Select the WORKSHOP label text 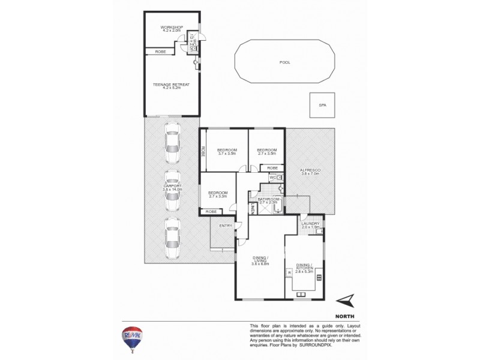[x=171, y=28]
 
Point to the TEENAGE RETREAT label [x=171, y=85]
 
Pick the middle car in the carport [x=172, y=191]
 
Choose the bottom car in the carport [x=172, y=238]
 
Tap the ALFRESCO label [x=311, y=171]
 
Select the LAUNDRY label [x=311, y=224]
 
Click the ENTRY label [x=226, y=226]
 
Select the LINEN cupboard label [x=253, y=209]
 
